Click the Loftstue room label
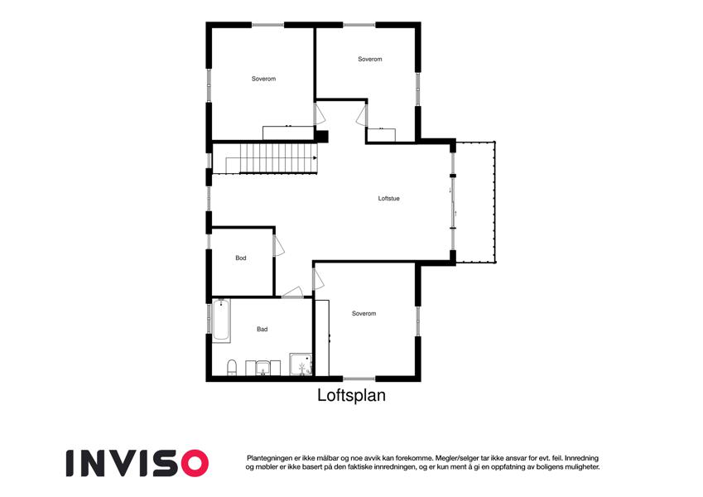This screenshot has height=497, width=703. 388,198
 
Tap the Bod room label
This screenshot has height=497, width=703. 241,258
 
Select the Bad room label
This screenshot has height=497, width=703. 262,329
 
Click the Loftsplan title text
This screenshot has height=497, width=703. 351,396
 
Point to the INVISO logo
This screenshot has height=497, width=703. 137,463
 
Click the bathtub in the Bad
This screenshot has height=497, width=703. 221,321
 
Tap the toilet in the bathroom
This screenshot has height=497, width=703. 232,367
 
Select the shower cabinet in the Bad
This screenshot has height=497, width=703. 301,364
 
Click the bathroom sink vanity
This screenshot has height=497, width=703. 262,368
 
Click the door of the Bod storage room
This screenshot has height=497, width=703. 278,246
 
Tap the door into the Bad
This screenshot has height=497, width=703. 293,292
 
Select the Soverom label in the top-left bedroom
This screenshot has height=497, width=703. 263,79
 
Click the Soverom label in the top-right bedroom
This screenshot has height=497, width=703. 370,59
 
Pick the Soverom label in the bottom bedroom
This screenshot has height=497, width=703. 364,314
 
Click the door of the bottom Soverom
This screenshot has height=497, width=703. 318,279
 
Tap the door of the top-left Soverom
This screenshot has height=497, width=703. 319,114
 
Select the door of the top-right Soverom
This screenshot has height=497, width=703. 362,115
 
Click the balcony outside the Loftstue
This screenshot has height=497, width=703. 475,202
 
